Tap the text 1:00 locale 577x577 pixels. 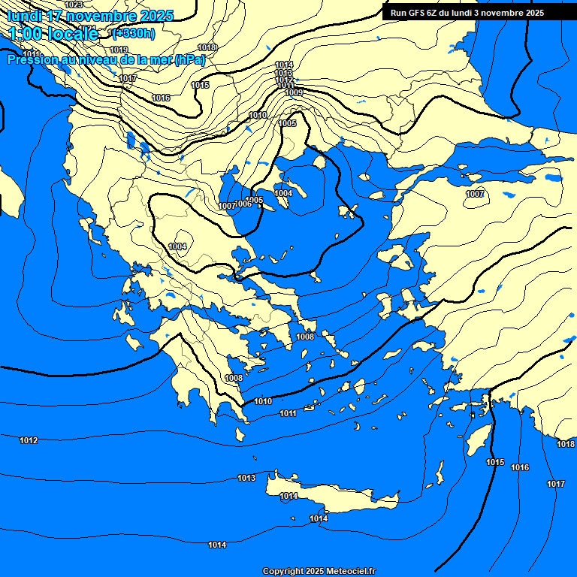pyautogui.click(x=53, y=33)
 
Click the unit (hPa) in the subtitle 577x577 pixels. pyautogui.click(x=189, y=60)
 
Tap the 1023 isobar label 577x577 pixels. pyautogui.click(x=74, y=5)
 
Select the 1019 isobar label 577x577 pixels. pyautogui.click(x=119, y=50)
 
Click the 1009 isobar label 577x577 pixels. pyautogui.click(x=294, y=92)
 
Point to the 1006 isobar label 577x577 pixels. pyautogui.click(x=243, y=204)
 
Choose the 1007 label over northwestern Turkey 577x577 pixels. pyautogui.click(x=474, y=194)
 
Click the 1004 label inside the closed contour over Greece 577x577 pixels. pyautogui.click(x=177, y=246)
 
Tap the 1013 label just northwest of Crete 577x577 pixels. pyautogui.click(x=246, y=478)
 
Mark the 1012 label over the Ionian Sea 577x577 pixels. pyautogui.click(x=29, y=440)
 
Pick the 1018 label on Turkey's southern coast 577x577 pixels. pyautogui.click(x=565, y=444)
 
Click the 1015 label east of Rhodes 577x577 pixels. pyautogui.click(x=495, y=462)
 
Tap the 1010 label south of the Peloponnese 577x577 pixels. pyautogui.click(x=263, y=401)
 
